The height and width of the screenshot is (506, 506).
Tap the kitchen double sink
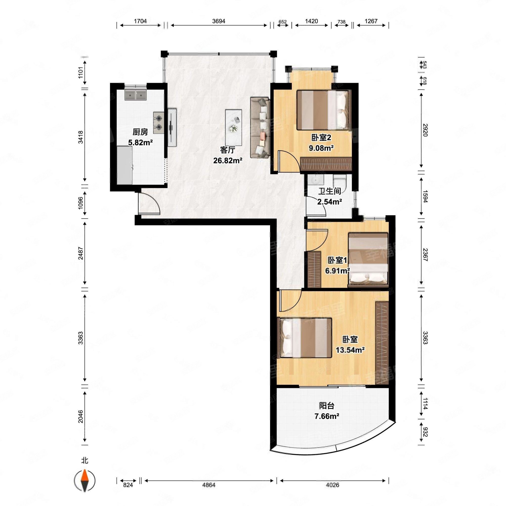click(x=135, y=95)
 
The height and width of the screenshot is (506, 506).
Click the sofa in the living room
click(x=260, y=127)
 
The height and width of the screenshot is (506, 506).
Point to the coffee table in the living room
click(x=233, y=127)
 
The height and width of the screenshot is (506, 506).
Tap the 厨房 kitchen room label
click(x=140, y=132)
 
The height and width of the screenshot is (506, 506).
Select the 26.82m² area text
click(x=227, y=160)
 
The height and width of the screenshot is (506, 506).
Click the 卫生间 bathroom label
click(x=330, y=191)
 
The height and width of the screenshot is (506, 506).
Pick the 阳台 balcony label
click(x=327, y=406)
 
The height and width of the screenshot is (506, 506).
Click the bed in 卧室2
click(x=324, y=110)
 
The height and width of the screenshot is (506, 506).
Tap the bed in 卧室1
click(x=368, y=260)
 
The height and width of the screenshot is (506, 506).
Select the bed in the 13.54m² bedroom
click(x=306, y=338)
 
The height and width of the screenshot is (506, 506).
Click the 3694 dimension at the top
click(x=219, y=21)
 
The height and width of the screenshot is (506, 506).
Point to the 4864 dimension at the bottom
click(x=209, y=485)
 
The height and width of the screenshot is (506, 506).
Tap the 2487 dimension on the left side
click(x=80, y=253)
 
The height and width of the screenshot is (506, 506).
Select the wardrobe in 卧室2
click(x=326, y=164)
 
